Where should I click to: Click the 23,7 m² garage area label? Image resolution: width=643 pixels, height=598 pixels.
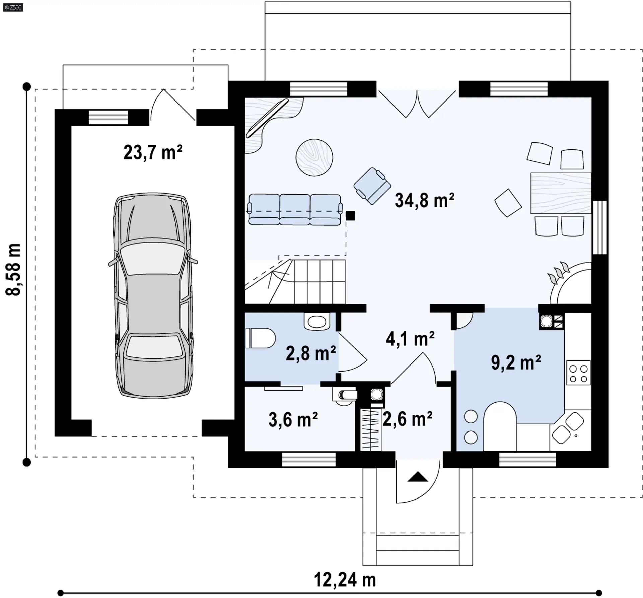pos(153,153)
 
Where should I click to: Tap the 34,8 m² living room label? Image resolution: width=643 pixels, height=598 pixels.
pos(425,201)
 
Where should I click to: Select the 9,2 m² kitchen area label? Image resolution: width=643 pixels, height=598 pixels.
pos(516,362)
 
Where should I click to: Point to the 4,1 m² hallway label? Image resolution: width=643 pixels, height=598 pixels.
pos(410,339)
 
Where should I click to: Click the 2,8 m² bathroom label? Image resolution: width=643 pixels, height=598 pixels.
pos(311,353)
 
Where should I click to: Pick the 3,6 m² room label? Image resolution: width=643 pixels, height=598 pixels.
pos(293,419)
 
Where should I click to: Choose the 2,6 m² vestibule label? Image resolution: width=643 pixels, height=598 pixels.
pos(408,419)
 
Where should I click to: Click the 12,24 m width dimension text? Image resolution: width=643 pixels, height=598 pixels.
pos(345,580)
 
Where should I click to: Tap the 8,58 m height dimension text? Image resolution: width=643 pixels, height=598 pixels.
pos(14,270)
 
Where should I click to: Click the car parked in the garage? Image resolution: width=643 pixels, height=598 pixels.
pos(153,295)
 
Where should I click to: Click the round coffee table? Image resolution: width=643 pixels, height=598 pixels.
pos(314,157)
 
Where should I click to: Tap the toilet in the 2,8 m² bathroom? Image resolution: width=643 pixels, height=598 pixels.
pos(261,338)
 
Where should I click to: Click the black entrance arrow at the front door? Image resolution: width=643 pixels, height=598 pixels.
pos(418,477)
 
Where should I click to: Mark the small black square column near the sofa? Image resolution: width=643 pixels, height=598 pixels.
pos(350,216)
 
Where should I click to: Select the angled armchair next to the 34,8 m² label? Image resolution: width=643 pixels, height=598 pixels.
pos(372,186)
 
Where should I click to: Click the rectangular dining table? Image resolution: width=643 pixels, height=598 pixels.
pos(561,193)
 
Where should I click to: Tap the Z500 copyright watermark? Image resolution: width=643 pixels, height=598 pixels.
pos(13,7)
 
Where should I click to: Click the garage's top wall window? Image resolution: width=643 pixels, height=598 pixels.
pos(108,118)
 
